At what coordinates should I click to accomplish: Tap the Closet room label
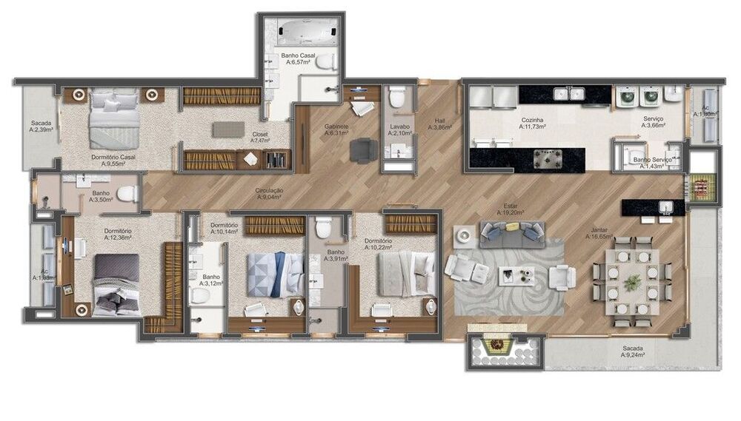point(259,137)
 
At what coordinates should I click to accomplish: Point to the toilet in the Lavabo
point(398,98)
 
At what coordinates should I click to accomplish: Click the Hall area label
point(440,124)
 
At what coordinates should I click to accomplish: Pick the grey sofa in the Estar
point(511,234)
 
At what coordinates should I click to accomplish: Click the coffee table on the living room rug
point(516,276)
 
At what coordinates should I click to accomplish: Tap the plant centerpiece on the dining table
point(632,282)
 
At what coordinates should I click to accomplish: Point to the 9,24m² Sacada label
point(633,351)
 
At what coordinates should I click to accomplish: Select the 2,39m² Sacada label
point(40,127)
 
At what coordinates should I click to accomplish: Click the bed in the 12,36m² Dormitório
point(116,285)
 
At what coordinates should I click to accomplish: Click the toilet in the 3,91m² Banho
point(323,229)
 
